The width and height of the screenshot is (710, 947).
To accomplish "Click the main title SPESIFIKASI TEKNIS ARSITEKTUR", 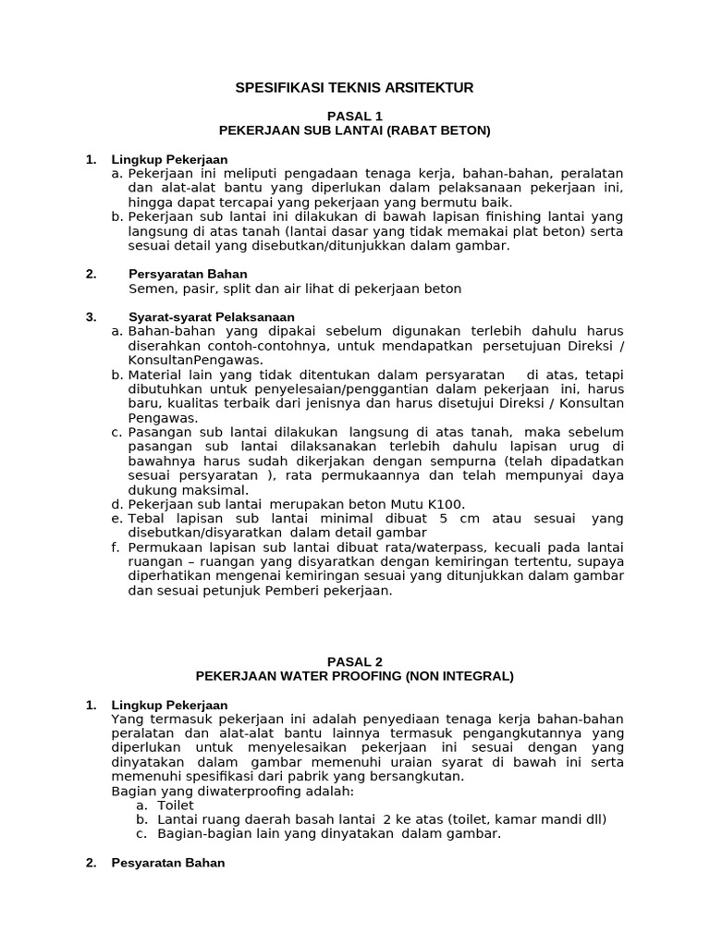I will pyautogui.click(x=355, y=88).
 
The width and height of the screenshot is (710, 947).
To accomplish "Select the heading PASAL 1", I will pyautogui.click(x=355, y=116).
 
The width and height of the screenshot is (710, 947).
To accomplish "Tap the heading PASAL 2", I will pyautogui.click(x=355, y=661).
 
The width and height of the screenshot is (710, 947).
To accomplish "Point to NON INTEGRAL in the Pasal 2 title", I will pyautogui.click(x=459, y=676).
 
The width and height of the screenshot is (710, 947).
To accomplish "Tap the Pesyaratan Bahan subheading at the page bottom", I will pyautogui.click(x=167, y=863).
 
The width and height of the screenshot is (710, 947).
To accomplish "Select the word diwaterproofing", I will pyautogui.click(x=226, y=791).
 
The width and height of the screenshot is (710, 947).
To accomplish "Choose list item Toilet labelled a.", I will pyautogui.click(x=176, y=806).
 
